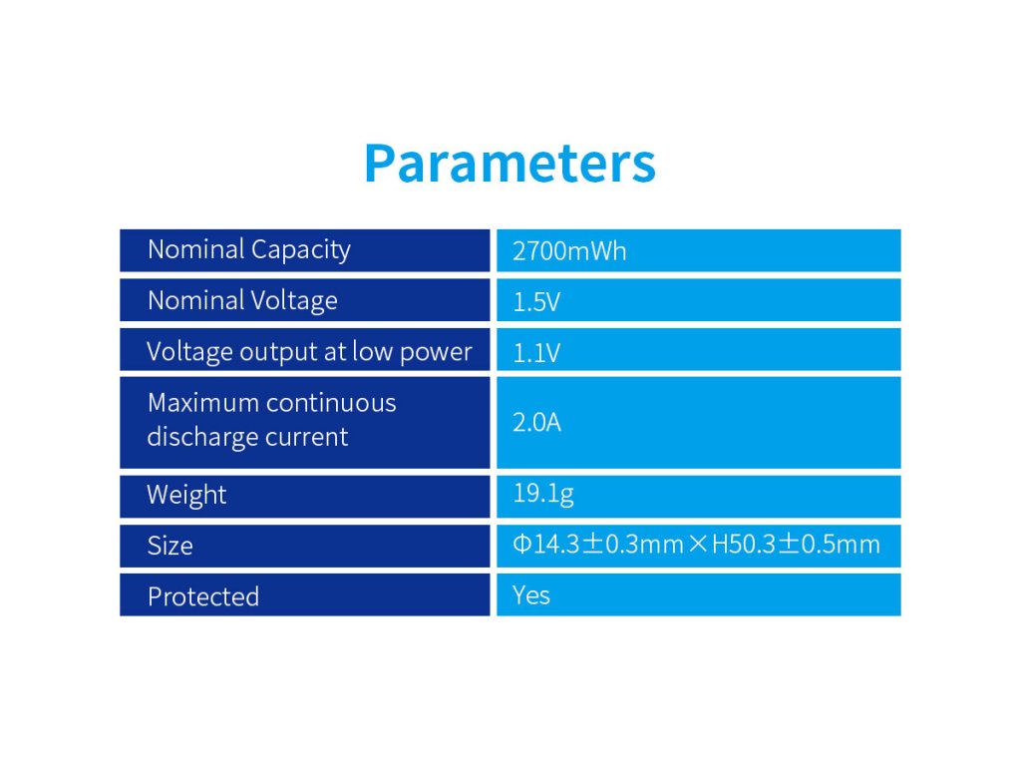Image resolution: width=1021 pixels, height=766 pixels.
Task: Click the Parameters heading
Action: pos(510,163)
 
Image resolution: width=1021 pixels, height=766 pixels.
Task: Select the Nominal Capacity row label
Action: pos(249,250)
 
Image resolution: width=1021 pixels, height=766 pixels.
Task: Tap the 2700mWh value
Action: pos(569,251)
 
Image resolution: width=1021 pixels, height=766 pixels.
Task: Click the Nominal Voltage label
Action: pos(243,301)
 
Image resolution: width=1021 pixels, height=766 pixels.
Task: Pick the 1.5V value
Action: pos(536,302)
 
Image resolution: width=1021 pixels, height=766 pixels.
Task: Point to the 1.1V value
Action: pos(536,353)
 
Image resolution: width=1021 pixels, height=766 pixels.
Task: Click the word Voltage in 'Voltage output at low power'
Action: pos(189,352)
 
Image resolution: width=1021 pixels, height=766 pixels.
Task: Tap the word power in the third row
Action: pos(436,352)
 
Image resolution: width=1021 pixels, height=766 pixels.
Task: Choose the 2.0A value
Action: pos(536,423)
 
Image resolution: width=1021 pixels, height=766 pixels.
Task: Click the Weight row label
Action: pos(186,495)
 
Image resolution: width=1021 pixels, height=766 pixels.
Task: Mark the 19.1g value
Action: pos(543,495)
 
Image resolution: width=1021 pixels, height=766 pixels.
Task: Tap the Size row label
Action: pos(170,546)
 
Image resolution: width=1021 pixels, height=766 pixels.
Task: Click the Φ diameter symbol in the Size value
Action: pos(522,544)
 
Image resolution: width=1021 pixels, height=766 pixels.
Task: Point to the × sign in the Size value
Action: pos(697,544)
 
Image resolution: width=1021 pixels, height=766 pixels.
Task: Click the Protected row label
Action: pos(203,596)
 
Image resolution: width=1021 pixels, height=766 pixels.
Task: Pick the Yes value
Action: pos(531,595)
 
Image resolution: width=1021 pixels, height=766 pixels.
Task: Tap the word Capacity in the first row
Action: pos(301,250)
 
